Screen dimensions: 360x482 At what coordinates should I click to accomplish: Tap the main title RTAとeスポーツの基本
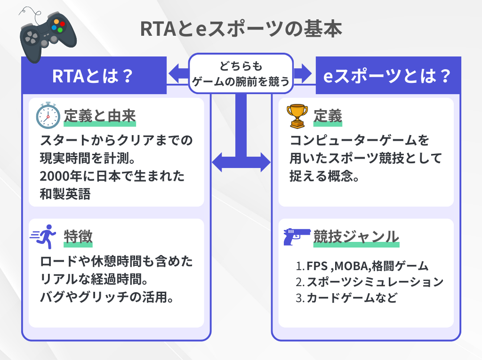pos(241,29)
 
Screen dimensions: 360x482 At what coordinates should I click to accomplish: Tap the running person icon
pos(44,238)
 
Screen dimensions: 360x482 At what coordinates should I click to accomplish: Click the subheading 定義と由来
pos(100,116)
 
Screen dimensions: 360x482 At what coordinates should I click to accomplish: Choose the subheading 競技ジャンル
pos(356,237)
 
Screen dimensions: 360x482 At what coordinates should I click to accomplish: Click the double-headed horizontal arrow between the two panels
pos(241,163)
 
